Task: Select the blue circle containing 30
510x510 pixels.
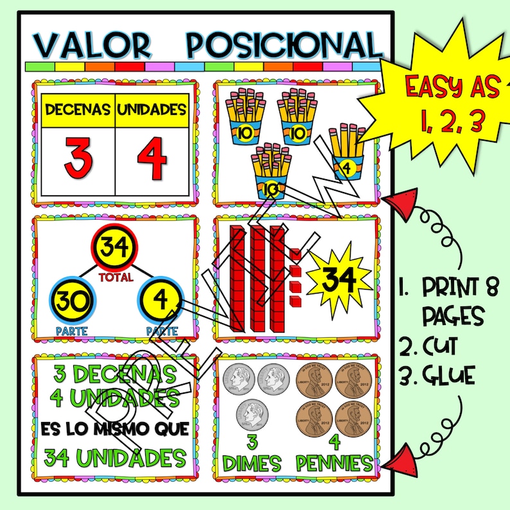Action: click(x=71, y=301)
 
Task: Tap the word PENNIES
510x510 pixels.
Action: click(x=334, y=462)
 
